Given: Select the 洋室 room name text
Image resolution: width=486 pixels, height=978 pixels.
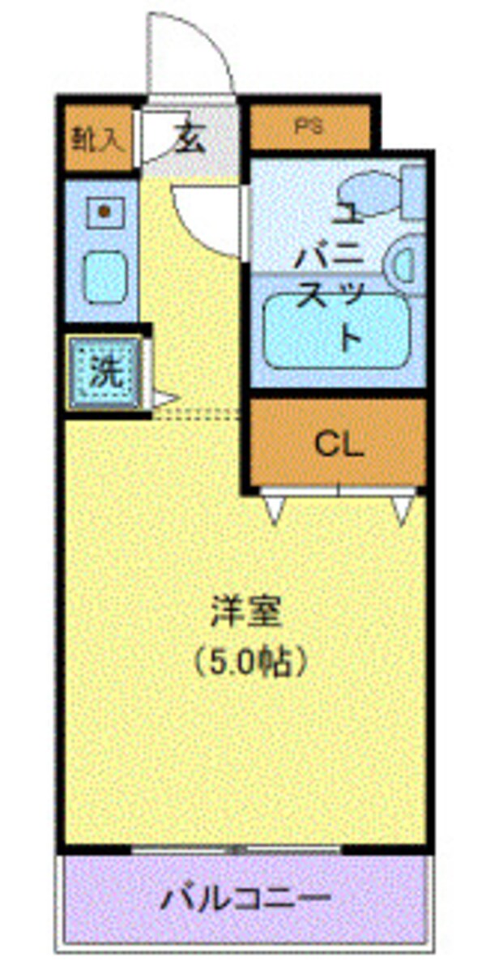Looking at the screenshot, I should [x=246, y=613].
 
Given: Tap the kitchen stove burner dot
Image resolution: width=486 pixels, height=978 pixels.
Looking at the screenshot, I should [x=104, y=212].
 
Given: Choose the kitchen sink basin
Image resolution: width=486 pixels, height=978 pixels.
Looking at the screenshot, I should [x=105, y=276].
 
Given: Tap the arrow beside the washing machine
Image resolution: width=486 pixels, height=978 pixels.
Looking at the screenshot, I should [x=164, y=399].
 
